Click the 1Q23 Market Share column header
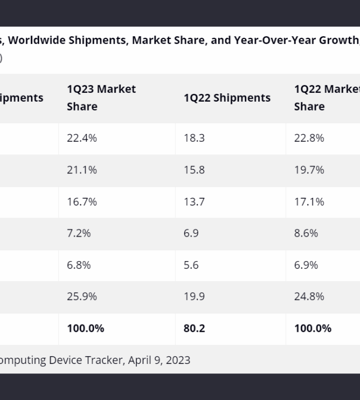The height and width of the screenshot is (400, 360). [101, 98]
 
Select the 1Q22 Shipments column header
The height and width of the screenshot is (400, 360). [227, 98]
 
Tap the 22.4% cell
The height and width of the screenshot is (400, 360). [82, 138]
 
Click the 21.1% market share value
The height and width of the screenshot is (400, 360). [82, 170]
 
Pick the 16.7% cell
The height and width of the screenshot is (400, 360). [82, 202]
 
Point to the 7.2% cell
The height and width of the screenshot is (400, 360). [79, 233]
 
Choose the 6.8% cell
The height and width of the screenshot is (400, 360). [79, 266]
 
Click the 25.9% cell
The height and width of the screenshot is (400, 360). [82, 297]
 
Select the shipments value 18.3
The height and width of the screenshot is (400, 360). [194, 138]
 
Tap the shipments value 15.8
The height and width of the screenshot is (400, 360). [194, 170]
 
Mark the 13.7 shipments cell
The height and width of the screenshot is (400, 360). [194, 202]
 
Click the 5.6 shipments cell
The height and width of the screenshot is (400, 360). [191, 266]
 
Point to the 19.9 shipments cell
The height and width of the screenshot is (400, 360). [194, 297]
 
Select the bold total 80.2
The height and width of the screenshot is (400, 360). [194, 328]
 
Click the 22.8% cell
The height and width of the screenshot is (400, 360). [309, 138]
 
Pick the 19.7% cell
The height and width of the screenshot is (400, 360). [309, 170]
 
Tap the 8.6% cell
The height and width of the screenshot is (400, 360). [306, 233]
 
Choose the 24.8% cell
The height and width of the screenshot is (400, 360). [309, 297]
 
